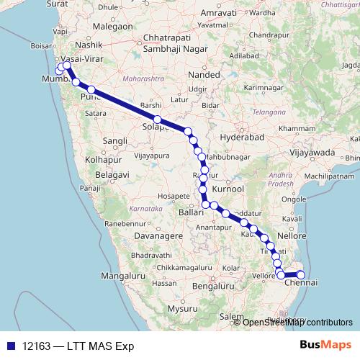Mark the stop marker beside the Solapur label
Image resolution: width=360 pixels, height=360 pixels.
157,120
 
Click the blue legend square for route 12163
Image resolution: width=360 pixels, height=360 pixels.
11,346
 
